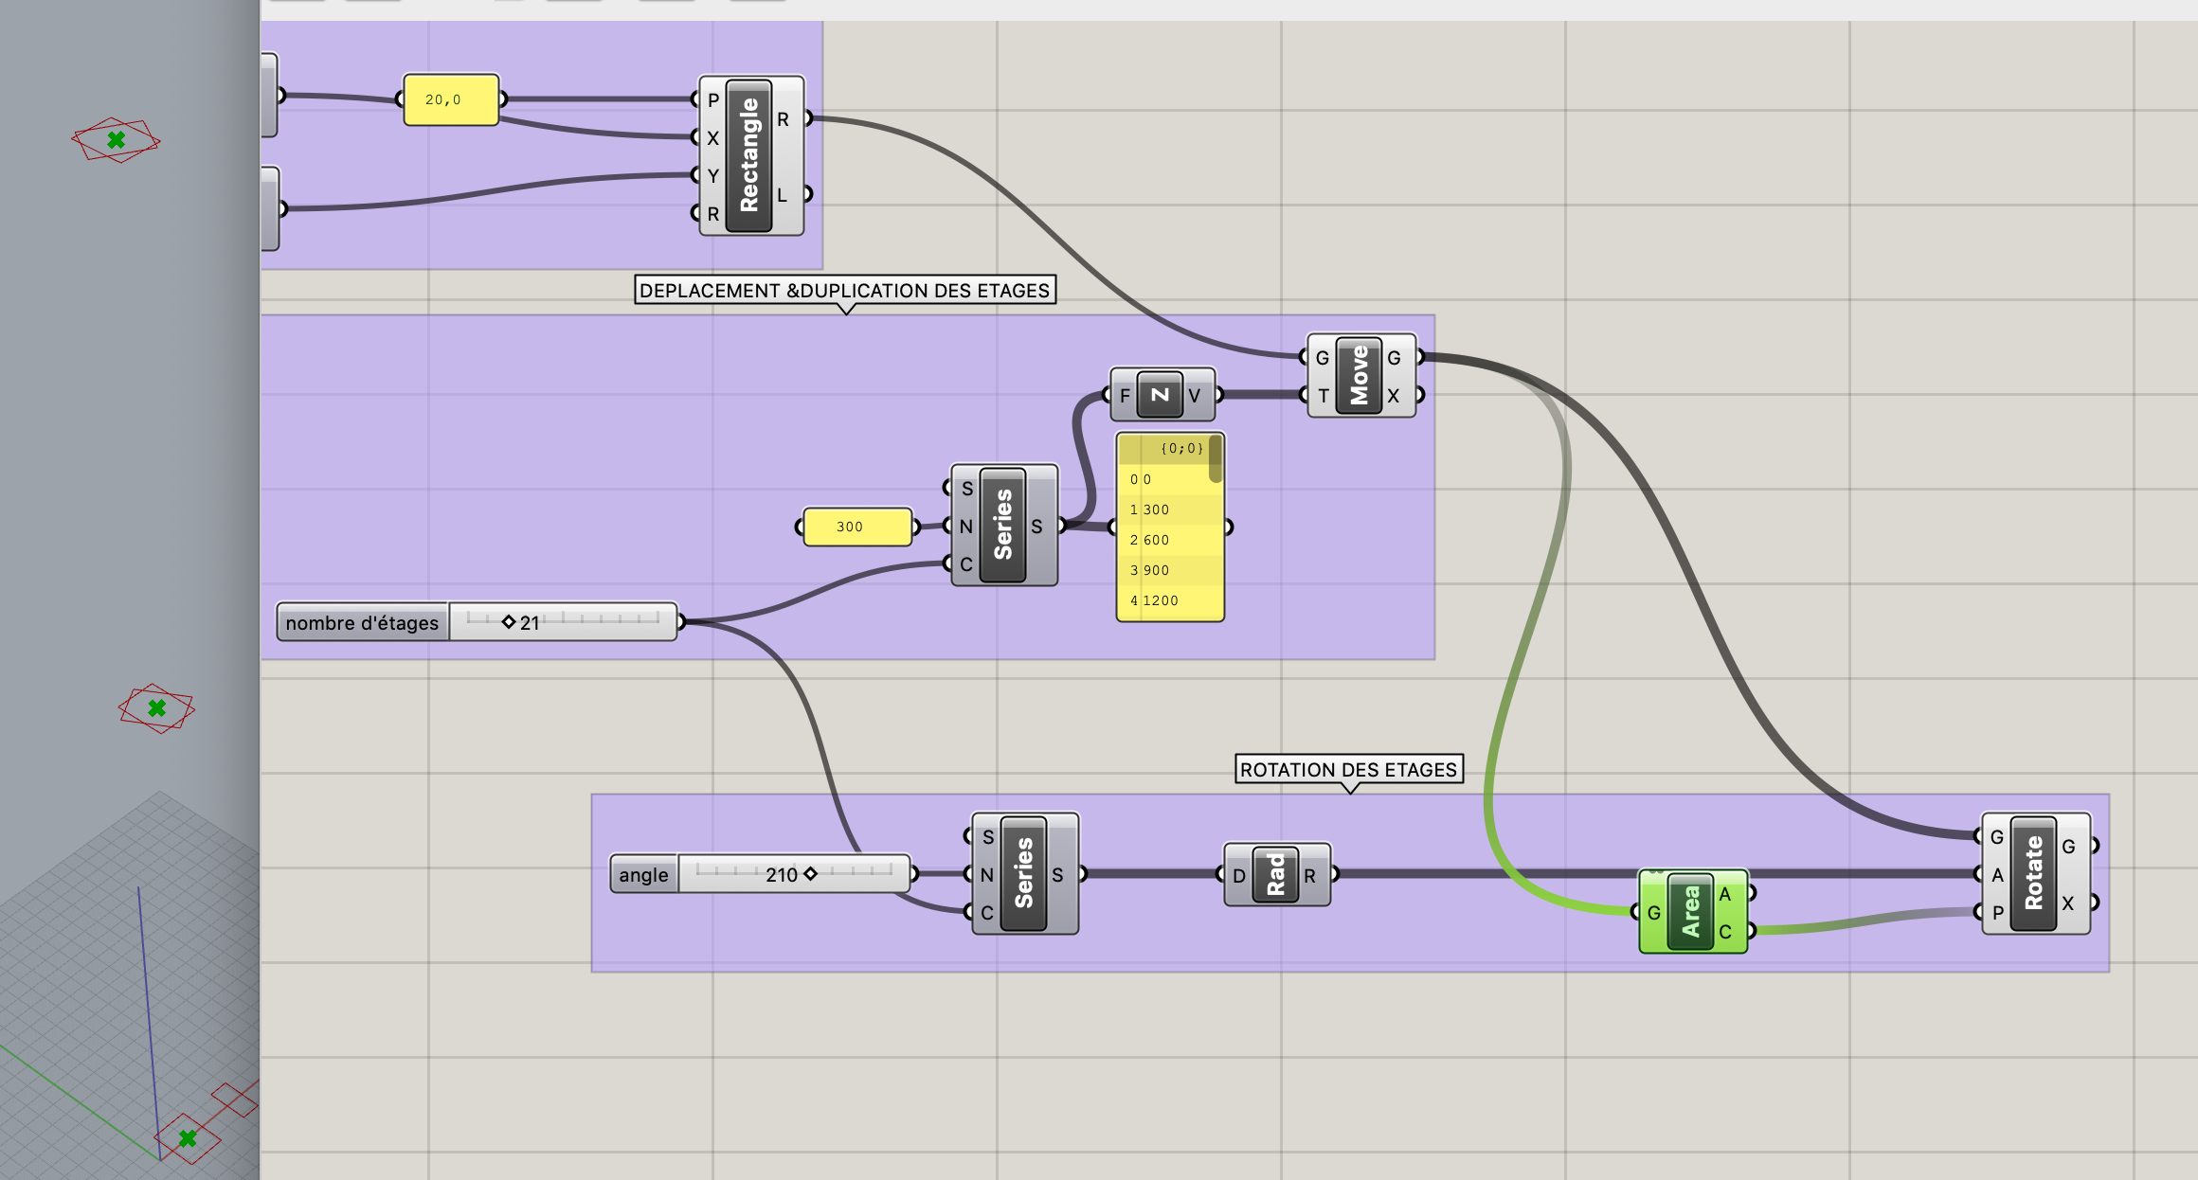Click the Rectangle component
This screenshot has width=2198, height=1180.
coord(749,156)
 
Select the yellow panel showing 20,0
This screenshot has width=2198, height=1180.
coord(451,99)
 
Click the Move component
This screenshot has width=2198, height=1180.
coord(1360,375)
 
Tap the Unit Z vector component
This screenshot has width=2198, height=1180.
coord(1160,395)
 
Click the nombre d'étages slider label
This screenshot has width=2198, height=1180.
coord(362,622)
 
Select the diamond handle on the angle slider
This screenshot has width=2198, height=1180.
coord(810,874)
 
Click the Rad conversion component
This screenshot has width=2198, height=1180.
coord(1275,875)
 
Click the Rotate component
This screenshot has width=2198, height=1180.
coord(2033,873)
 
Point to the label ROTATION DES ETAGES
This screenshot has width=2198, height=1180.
coord(1348,769)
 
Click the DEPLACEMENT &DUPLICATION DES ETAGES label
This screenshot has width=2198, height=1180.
coord(844,290)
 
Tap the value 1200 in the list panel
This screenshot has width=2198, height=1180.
coord(1161,600)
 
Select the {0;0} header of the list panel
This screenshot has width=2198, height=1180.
coord(1180,448)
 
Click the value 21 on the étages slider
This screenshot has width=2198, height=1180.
coord(530,622)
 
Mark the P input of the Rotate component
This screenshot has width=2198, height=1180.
coord(1996,912)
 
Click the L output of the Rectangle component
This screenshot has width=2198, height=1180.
coord(784,195)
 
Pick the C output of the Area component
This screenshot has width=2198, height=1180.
coord(1725,932)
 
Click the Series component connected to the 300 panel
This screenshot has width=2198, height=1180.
coord(1002,525)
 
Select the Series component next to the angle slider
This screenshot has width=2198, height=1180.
coord(1023,873)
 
